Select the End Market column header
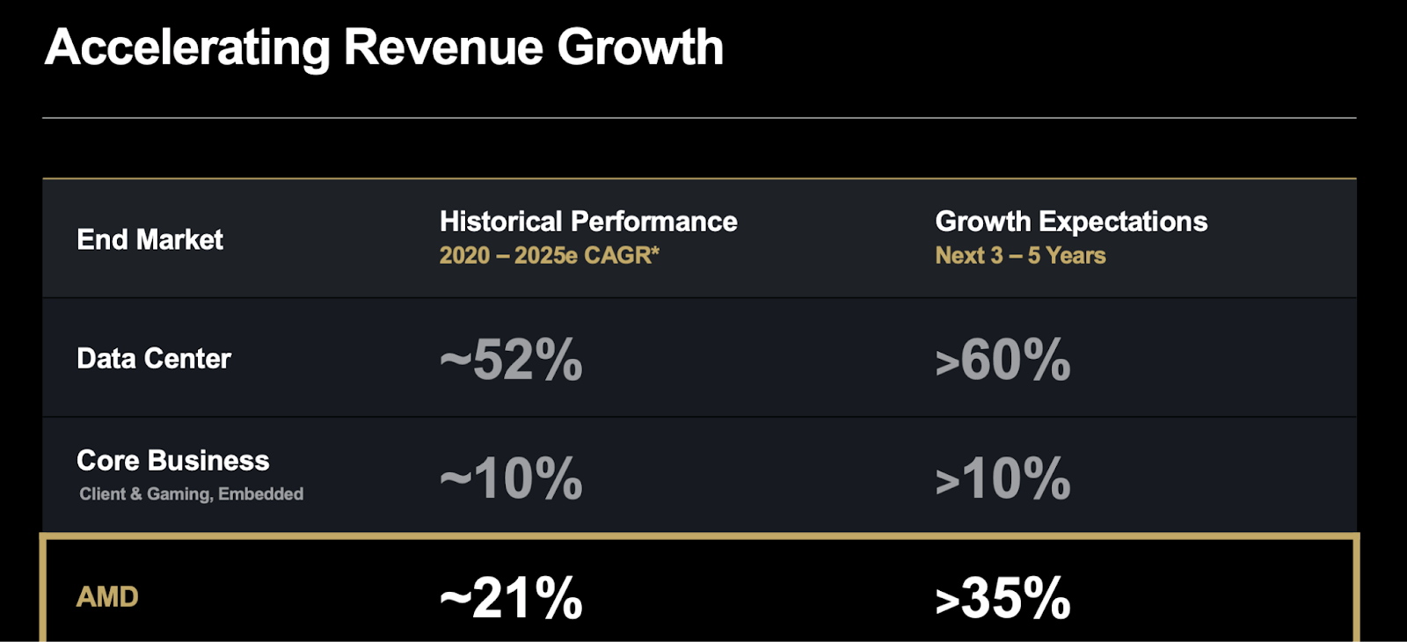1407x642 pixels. pos(149,239)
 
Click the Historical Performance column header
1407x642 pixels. pos(588,221)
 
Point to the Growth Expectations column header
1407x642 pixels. pos(1071,221)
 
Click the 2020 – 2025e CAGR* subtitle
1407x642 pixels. pos(550,256)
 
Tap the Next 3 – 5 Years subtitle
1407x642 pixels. pos(1020,256)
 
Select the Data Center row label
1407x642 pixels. pos(154,359)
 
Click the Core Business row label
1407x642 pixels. pos(172,461)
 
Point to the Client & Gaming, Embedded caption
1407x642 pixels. pos(191,494)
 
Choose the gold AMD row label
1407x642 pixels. pos(107,597)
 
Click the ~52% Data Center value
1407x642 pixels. pos(511,360)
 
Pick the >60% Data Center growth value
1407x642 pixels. pos(1002,360)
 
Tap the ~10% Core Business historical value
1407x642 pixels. pos(511,478)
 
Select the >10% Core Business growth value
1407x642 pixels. pos(1002,478)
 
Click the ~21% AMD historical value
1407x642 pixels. pos(511,598)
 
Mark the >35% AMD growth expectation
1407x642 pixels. pos(1002,598)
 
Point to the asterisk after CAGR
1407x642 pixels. pos(655,251)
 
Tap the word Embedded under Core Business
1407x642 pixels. pos(260,493)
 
